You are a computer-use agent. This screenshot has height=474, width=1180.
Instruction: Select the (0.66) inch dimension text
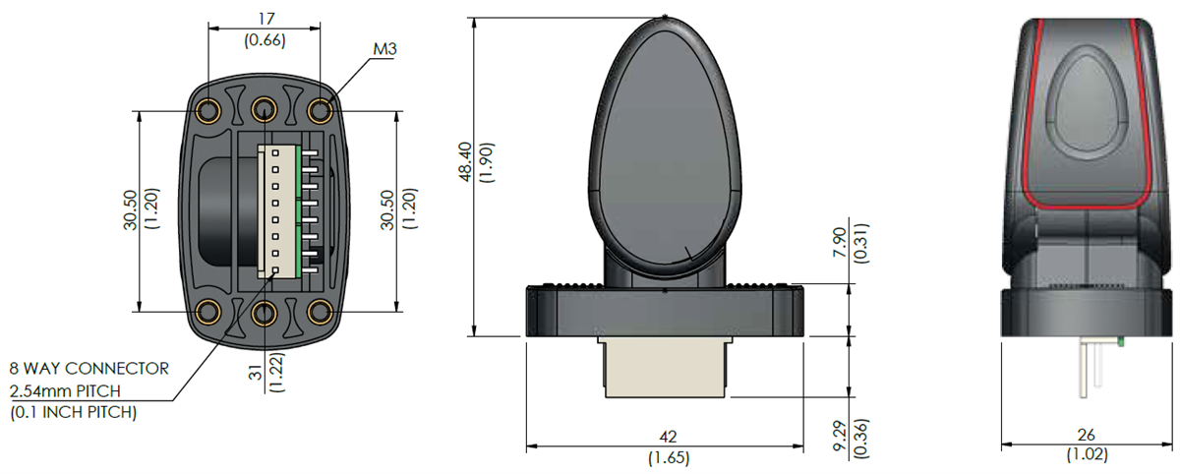click(263, 40)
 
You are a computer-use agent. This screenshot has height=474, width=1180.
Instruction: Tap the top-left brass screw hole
click(208, 109)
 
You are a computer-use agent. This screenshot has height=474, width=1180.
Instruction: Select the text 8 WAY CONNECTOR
click(88, 369)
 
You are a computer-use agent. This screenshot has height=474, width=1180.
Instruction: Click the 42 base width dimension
click(669, 435)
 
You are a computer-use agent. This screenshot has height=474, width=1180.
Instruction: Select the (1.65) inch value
click(669, 457)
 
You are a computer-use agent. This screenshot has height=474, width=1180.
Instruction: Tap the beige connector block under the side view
click(665, 370)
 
